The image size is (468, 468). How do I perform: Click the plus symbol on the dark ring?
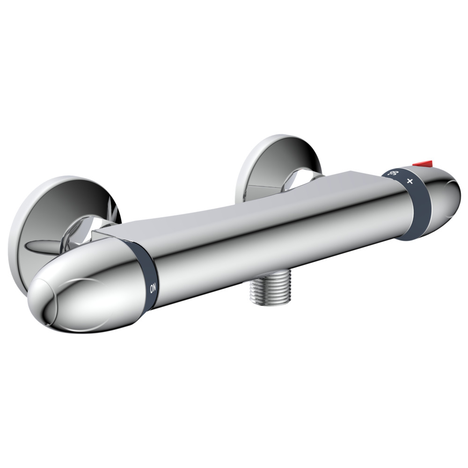[410, 181]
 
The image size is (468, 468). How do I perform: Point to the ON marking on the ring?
[153, 288]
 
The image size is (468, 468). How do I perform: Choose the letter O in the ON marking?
[153, 290]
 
